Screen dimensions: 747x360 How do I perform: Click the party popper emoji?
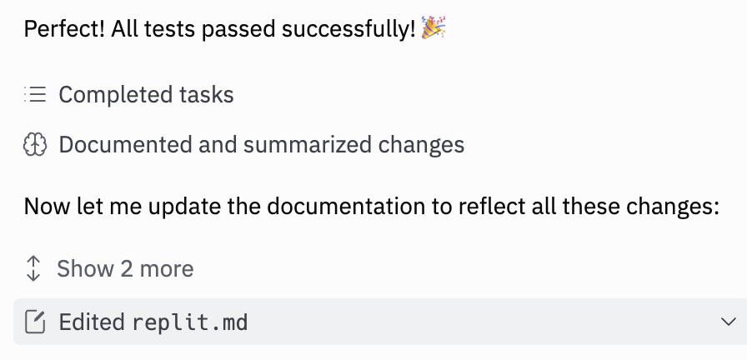[x=434, y=29]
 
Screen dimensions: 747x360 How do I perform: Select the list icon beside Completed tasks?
[x=34, y=94]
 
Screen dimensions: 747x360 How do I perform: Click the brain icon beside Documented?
[x=34, y=145]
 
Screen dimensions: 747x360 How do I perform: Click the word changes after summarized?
[x=422, y=145]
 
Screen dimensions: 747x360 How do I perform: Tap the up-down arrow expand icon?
[x=33, y=268]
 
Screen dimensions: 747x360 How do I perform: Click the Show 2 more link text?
[x=125, y=268]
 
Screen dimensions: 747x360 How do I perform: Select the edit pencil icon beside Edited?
[x=35, y=322]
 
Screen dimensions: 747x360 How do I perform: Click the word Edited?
[x=92, y=322]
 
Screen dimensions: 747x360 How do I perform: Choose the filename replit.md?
[x=190, y=322]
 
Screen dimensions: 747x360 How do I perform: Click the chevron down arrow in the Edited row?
[x=728, y=322]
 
